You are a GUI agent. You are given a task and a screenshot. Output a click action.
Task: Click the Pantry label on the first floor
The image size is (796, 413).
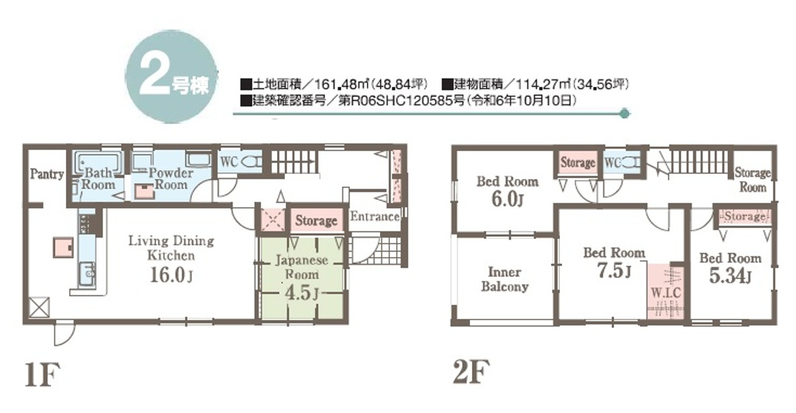pyautogui.click(x=46, y=174)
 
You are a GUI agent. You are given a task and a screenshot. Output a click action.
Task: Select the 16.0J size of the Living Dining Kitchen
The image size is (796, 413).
pyautogui.click(x=171, y=275)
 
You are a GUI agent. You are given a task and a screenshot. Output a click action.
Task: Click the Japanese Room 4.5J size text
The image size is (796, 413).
pyautogui.click(x=302, y=293)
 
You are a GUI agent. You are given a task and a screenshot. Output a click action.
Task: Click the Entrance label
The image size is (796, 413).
pyautogui.click(x=374, y=217)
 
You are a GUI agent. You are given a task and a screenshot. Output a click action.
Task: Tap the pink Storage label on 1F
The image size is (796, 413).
pyautogui.click(x=316, y=221)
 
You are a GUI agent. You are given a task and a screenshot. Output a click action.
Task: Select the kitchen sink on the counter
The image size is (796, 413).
pyautogui.click(x=87, y=275)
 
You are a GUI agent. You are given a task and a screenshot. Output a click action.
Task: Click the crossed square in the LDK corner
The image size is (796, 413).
pyautogui.click(x=38, y=307)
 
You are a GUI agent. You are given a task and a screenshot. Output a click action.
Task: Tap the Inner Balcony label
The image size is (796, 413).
pyautogui.click(x=505, y=279)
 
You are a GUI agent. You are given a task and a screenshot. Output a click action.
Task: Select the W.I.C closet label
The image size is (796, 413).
pyautogui.click(x=666, y=293)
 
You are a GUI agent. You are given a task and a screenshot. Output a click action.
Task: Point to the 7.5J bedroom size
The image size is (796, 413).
pyautogui.click(x=614, y=271)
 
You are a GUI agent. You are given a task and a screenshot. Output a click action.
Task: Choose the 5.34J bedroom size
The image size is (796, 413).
pyautogui.click(x=730, y=276)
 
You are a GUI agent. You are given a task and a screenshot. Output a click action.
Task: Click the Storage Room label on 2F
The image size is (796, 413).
pyautogui.click(x=753, y=180)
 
